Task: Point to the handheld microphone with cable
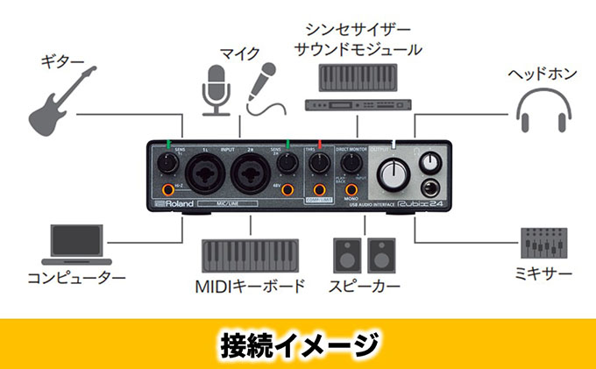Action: click(x=263, y=89)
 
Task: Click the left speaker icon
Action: click(x=345, y=255)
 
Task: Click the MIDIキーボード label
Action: click(x=250, y=286)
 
